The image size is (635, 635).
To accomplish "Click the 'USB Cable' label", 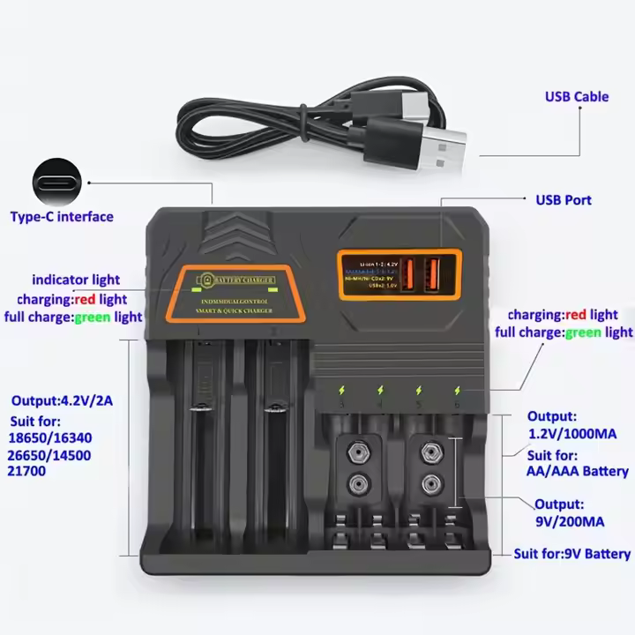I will [x=576, y=96].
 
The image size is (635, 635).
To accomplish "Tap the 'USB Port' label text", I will [x=564, y=200].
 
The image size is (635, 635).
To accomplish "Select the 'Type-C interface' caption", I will [x=62, y=216].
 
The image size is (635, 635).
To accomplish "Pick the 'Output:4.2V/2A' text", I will [x=61, y=401].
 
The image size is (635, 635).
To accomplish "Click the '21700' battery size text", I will [x=29, y=471].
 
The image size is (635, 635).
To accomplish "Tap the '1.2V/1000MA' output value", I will [x=571, y=434].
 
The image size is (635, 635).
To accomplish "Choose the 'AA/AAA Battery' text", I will [x=579, y=472].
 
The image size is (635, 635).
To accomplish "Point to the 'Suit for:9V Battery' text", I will [x=572, y=554].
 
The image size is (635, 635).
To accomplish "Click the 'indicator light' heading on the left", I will [x=76, y=280].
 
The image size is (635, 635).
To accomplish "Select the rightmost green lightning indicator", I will [x=458, y=389].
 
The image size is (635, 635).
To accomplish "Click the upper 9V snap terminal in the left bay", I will [x=358, y=452].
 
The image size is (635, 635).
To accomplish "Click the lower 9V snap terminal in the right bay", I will [x=430, y=482].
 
